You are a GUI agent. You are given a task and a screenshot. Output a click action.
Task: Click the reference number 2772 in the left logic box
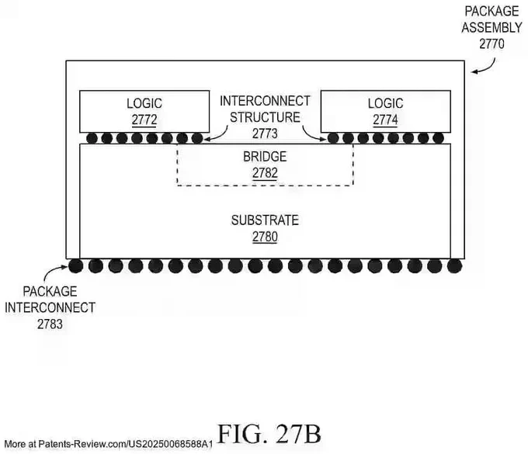pyautogui.click(x=144, y=120)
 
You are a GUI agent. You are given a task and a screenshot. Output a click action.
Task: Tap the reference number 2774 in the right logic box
pyautogui.click(x=385, y=120)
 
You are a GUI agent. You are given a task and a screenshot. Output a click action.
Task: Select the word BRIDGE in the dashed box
pyautogui.click(x=265, y=157)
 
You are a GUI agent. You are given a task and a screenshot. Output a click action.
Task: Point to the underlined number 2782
pyautogui.click(x=265, y=173)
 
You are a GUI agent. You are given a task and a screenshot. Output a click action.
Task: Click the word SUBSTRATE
pyautogui.click(x=265, y=220)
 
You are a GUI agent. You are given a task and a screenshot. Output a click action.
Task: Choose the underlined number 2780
pyautogui.click(x=265, y=237)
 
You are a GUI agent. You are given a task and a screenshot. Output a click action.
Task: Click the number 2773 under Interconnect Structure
pyautogui.click(x=265, y=133)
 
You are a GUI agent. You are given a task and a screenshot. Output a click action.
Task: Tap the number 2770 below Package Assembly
pyautogui.click(x=492, y=44)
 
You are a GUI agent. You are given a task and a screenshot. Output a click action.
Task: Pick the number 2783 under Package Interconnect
pyautogui.click(x=50, y=324)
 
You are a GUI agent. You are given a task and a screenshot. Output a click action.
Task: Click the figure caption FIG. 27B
pyautogui.click(x=269, y=434)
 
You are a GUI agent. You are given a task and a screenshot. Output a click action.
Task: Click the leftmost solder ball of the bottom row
pyautogui.click(x=76, y=266)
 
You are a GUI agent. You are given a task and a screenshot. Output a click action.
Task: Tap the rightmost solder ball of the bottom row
pyautogui.click(x=454, y=266)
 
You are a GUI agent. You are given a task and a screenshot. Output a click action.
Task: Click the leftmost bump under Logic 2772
pyautogui.click(x=92, y=138)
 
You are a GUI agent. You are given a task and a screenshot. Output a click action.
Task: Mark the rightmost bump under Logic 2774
pyautogui.click(x=438, y=138)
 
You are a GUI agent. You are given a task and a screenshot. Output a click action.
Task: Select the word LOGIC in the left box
pyautogui.click(x=144, y=103)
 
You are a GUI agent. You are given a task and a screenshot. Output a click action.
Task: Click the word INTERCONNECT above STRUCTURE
pyautogui.click(x=265, y=101)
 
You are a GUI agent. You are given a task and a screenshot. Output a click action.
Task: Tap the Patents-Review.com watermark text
pyautogui.click(x=109, y=444)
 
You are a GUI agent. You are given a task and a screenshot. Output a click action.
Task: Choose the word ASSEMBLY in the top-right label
pyautogui.click(x=492, y=28)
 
